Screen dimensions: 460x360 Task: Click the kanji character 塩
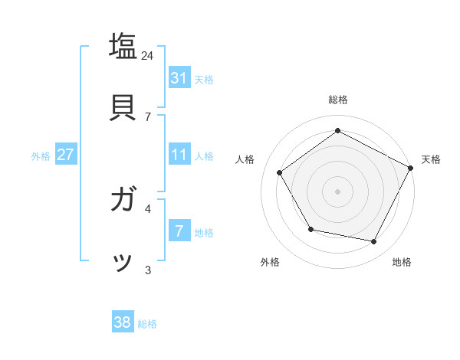123,45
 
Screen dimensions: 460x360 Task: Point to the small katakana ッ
123,263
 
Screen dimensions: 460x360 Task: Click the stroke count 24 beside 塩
148,55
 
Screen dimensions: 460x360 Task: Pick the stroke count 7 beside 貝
148,116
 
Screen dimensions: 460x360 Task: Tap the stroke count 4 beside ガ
148,208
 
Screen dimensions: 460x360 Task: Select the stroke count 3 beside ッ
148,269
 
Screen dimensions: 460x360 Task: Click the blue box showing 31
179,77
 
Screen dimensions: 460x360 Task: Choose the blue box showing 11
179,155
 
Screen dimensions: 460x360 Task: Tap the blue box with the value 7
179,231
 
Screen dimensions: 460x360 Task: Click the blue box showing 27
65,155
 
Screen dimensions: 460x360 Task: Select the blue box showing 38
122,322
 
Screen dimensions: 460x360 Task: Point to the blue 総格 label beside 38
147,324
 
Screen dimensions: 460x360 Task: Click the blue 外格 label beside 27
41,156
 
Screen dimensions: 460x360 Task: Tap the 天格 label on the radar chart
431,159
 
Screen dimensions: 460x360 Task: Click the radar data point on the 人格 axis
280,172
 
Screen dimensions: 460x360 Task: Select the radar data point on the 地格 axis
374,241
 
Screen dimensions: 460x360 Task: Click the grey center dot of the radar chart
337,191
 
